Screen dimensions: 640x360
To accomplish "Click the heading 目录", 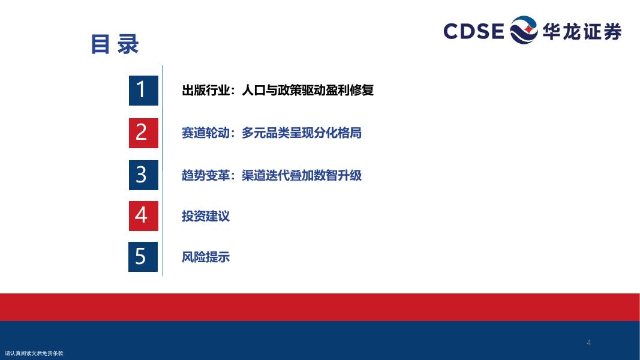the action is [115, 44].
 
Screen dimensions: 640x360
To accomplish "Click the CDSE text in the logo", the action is [474, 31].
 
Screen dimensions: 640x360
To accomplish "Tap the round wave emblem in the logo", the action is [524, 30].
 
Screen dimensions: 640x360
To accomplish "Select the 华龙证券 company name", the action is [582, 31].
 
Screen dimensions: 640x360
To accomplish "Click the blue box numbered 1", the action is [143, 90].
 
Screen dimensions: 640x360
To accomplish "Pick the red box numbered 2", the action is [143, 133].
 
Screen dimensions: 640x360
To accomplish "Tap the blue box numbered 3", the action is [143, 175].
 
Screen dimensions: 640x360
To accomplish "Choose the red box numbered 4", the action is [143, 215].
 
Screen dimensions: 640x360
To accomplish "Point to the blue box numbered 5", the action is [143, 256].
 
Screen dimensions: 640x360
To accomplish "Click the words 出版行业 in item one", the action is [206, 90].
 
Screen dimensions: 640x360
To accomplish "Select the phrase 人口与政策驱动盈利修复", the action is [308, 90].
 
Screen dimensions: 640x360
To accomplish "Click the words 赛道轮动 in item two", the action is [206, 133].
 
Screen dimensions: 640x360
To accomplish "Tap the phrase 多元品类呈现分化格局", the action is [302, 133].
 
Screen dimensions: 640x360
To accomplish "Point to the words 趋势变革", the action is [206, 175].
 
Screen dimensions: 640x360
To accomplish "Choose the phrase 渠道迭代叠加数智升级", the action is [302, 175].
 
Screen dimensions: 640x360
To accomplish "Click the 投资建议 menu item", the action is [206, 216].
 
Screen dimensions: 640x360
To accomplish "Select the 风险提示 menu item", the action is [206, 257].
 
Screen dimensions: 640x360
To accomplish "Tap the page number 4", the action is [588, 343].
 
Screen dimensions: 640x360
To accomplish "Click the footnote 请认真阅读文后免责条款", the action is [34, 353].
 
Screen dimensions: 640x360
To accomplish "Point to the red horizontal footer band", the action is [320, 307].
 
